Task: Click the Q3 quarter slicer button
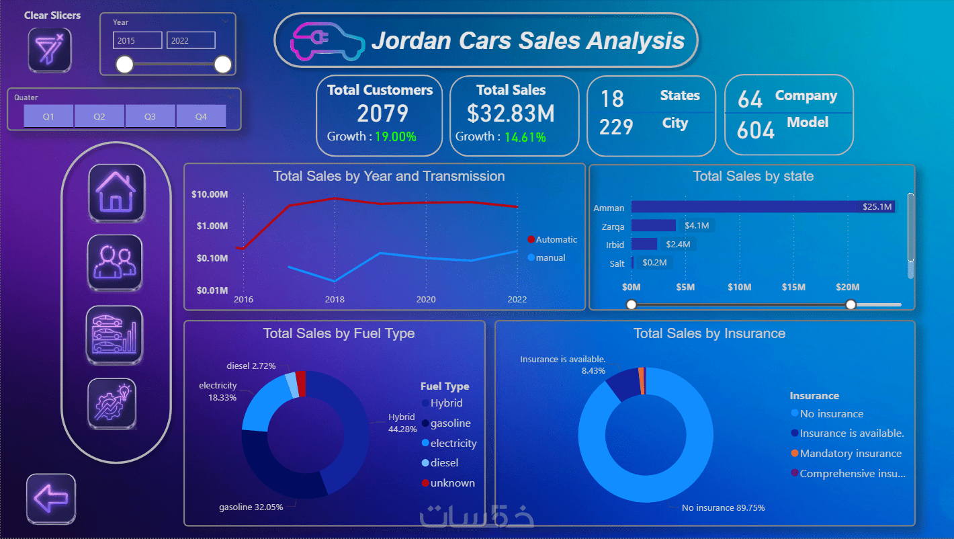150,116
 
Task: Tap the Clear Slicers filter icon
50,50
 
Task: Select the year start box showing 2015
137,40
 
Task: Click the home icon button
116,192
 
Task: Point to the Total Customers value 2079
382,113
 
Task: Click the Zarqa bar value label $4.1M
696,226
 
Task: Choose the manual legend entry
550,257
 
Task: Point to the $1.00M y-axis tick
212,226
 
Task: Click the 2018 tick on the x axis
335,299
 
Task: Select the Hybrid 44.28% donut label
402,423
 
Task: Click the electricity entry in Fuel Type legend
453,443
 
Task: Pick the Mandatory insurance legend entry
850,453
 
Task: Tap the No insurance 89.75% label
723,507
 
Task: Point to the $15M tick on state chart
793,287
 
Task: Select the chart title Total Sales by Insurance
709,333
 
